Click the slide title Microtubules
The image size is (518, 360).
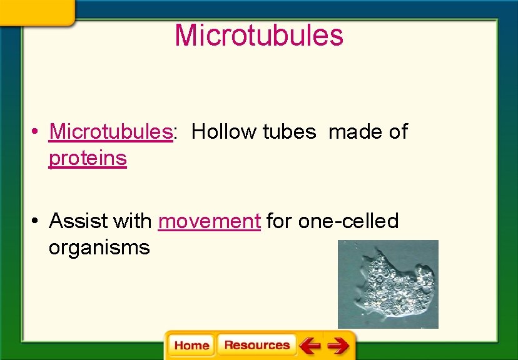[x=259, y=35]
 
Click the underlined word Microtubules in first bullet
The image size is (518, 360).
[x=110, y=132]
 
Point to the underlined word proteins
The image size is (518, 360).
[x=88, y=159]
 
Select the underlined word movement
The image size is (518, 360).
[x=209, y=221]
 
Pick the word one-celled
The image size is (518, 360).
[x=348, y=221]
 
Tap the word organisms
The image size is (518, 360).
[x=99, y=248]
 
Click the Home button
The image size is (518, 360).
[x=191, y=346]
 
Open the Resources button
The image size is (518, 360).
[x=256, y=345]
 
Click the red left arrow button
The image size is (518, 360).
[x=309, y=345]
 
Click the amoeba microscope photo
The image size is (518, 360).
[x=388, y=284]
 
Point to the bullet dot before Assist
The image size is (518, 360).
[x=37, y=221]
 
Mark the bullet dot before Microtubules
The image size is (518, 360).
[x=37, y=132]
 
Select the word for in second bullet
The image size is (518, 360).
[x=280, y=221]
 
